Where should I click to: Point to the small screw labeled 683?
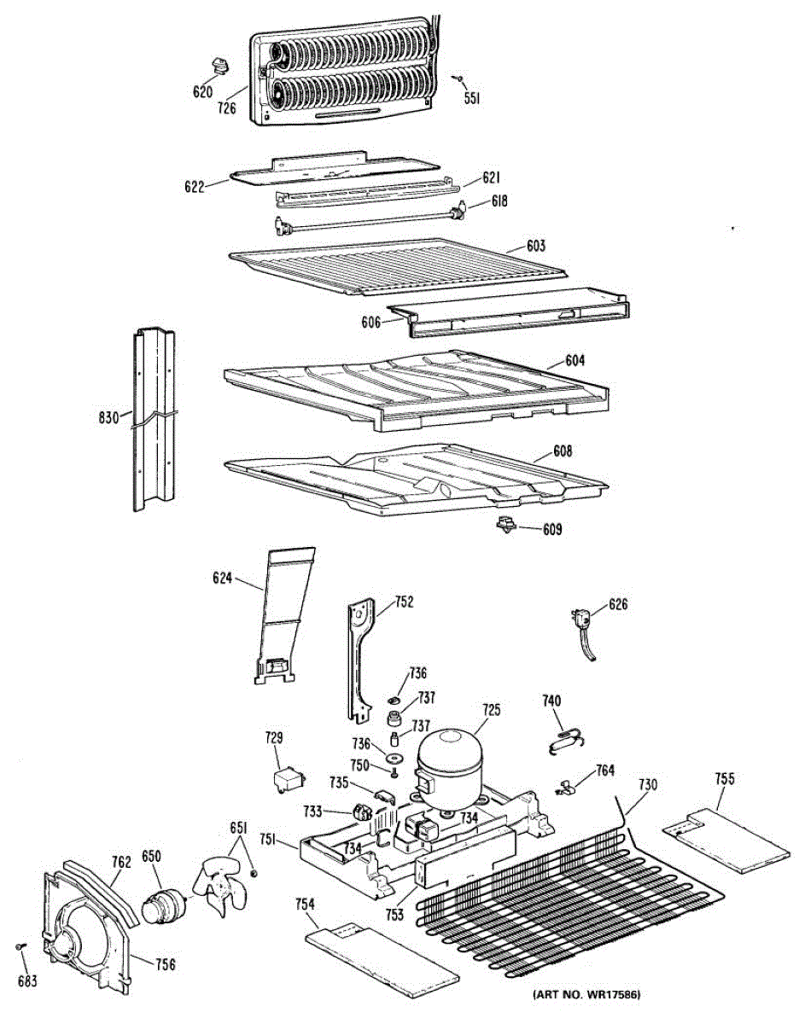20,947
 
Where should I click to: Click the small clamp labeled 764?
564,786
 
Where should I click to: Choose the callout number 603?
535,246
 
